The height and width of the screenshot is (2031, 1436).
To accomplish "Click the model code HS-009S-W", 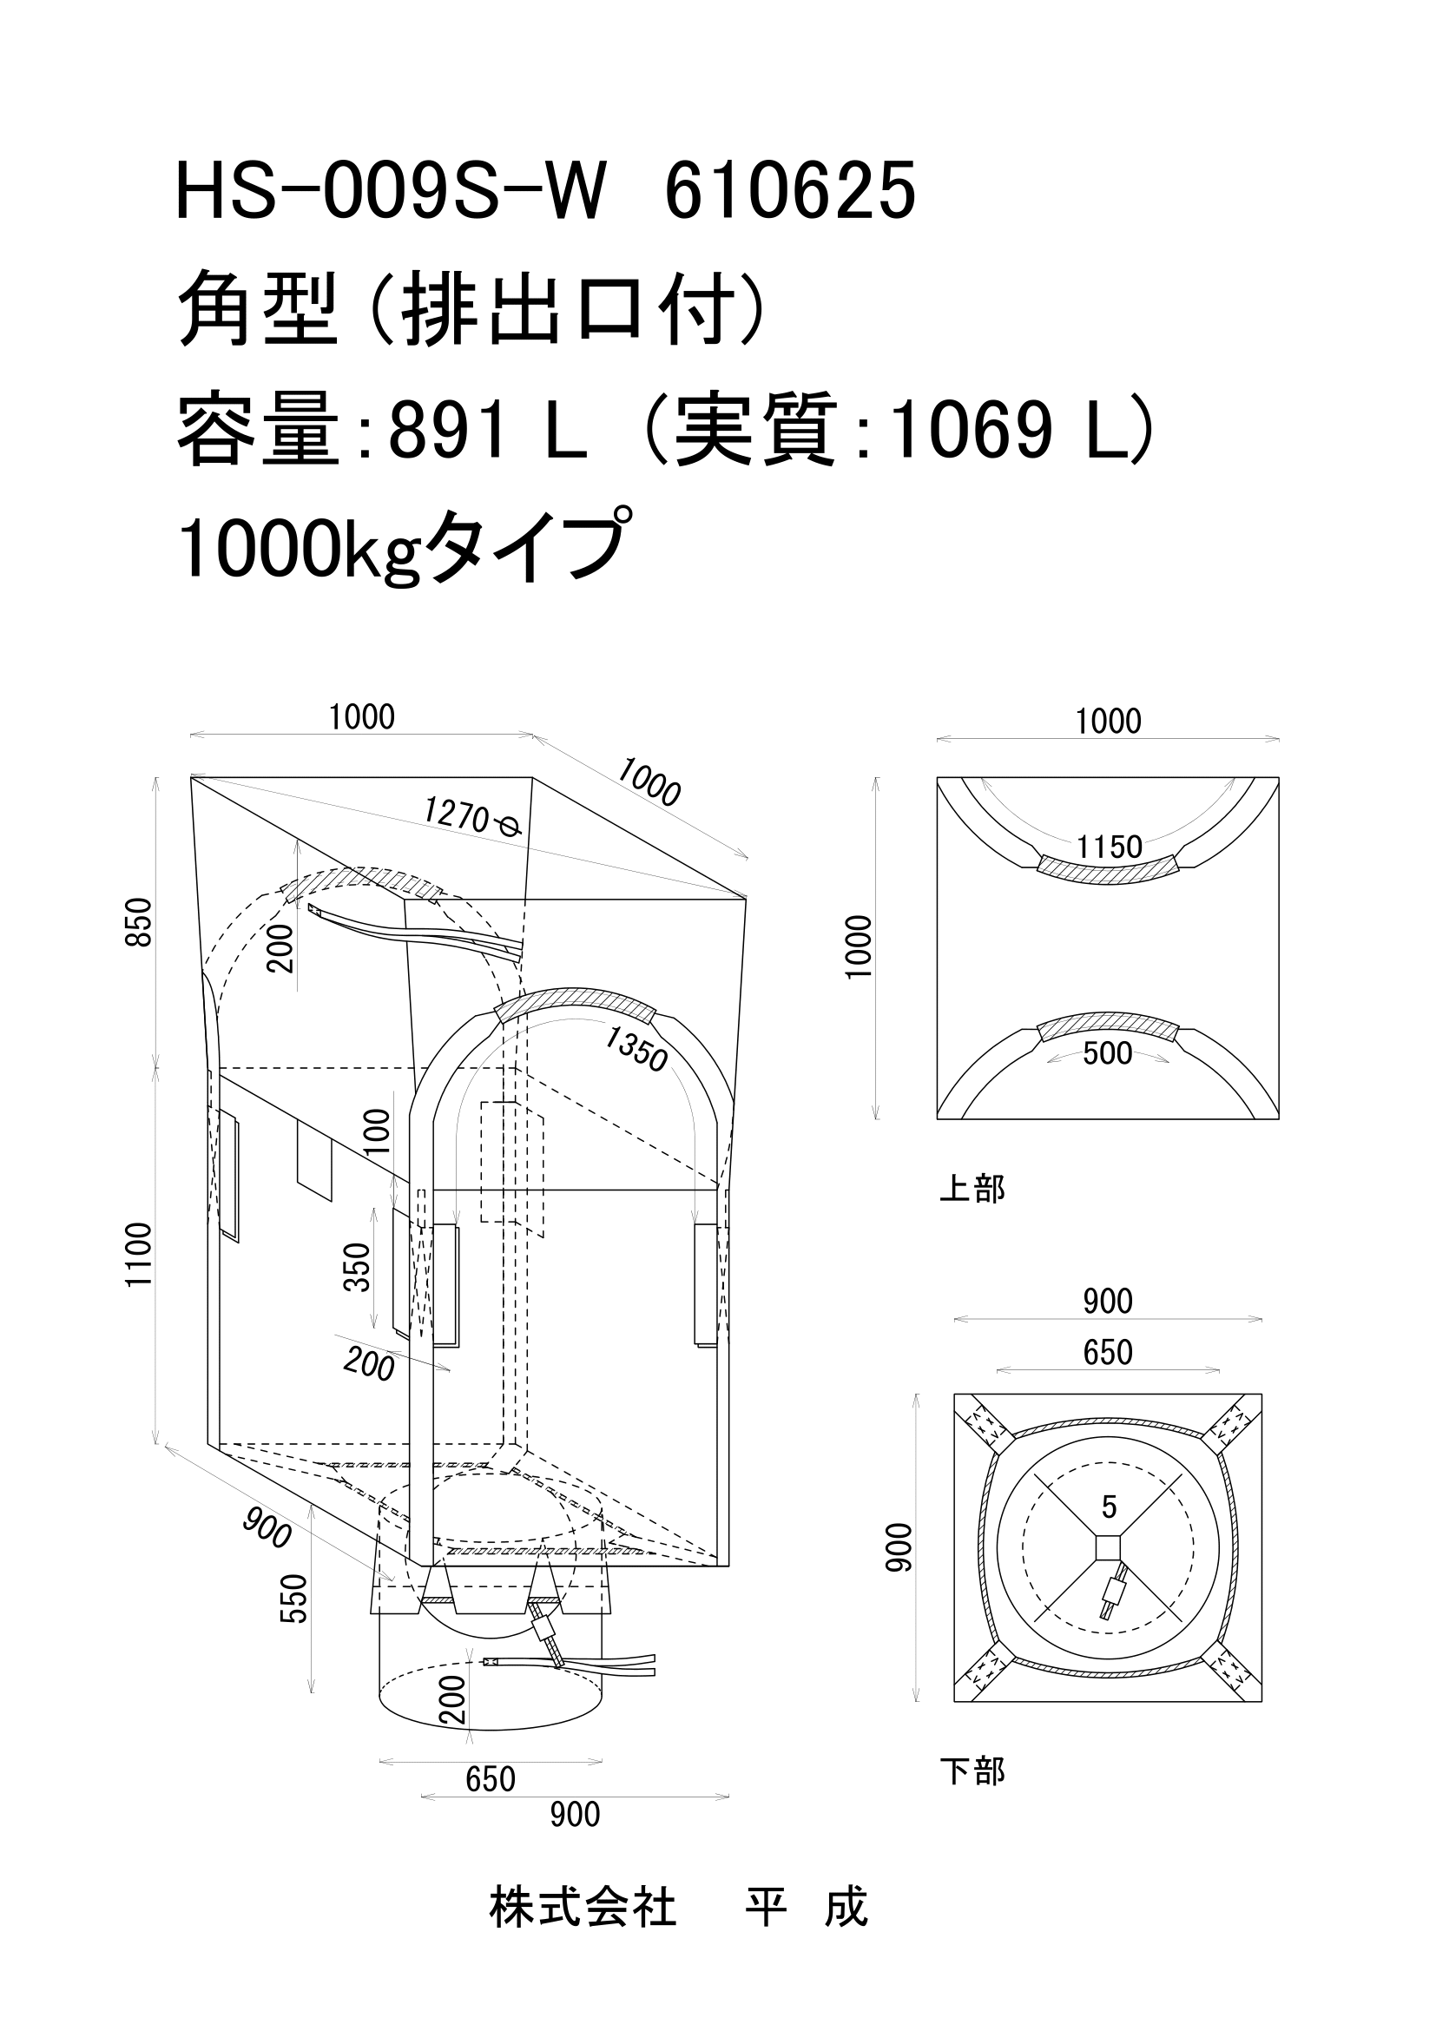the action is click(392, 192).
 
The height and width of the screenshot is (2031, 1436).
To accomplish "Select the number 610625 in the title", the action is click(789, 192).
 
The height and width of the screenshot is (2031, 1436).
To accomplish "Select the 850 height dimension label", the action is click(141, 922).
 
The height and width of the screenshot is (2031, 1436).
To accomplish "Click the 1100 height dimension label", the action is click(140, 1255).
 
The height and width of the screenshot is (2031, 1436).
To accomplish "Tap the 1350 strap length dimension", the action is click(636, 1048).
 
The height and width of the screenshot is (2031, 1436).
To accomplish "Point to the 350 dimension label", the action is click(356, 1267).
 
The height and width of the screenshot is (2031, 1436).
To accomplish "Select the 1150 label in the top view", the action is click(1109, 847).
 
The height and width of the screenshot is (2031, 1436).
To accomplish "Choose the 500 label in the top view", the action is click(1107, 1052).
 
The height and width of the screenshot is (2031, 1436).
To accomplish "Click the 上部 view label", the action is click(972, 1189).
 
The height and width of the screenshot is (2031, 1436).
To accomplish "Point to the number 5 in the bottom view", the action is click(1110, 1507).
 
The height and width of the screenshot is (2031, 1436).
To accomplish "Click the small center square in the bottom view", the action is click(1108, 1548).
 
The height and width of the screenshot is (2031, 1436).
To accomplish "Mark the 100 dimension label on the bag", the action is click(378, 1131).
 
